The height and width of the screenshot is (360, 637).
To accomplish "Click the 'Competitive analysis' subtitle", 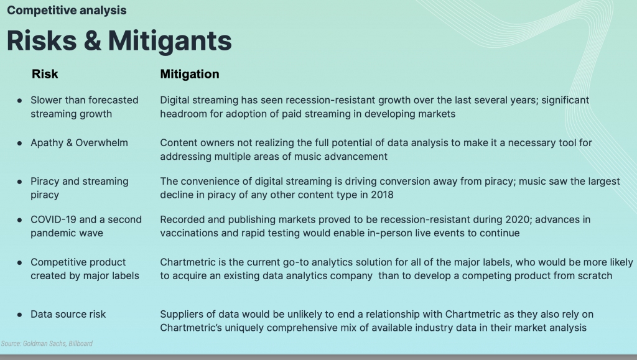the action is [x=67, y=11].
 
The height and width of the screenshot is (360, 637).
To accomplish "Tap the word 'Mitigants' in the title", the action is [x=170, y=41].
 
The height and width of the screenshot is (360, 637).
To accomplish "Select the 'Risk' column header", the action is [x=45, y=74].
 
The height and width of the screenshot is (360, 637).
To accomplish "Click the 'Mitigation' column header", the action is [x=190, y=74].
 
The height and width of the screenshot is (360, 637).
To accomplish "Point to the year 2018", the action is [x=382, y=195].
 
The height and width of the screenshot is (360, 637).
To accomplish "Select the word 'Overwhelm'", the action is [x=101, y=143].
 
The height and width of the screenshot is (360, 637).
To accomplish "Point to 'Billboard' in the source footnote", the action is [x=80, y=343].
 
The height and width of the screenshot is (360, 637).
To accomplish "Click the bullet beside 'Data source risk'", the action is [x=19, y=315].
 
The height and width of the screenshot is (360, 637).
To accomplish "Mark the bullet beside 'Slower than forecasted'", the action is [x=19, y=100].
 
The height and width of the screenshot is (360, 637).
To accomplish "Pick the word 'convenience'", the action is [x=213, y=182].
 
